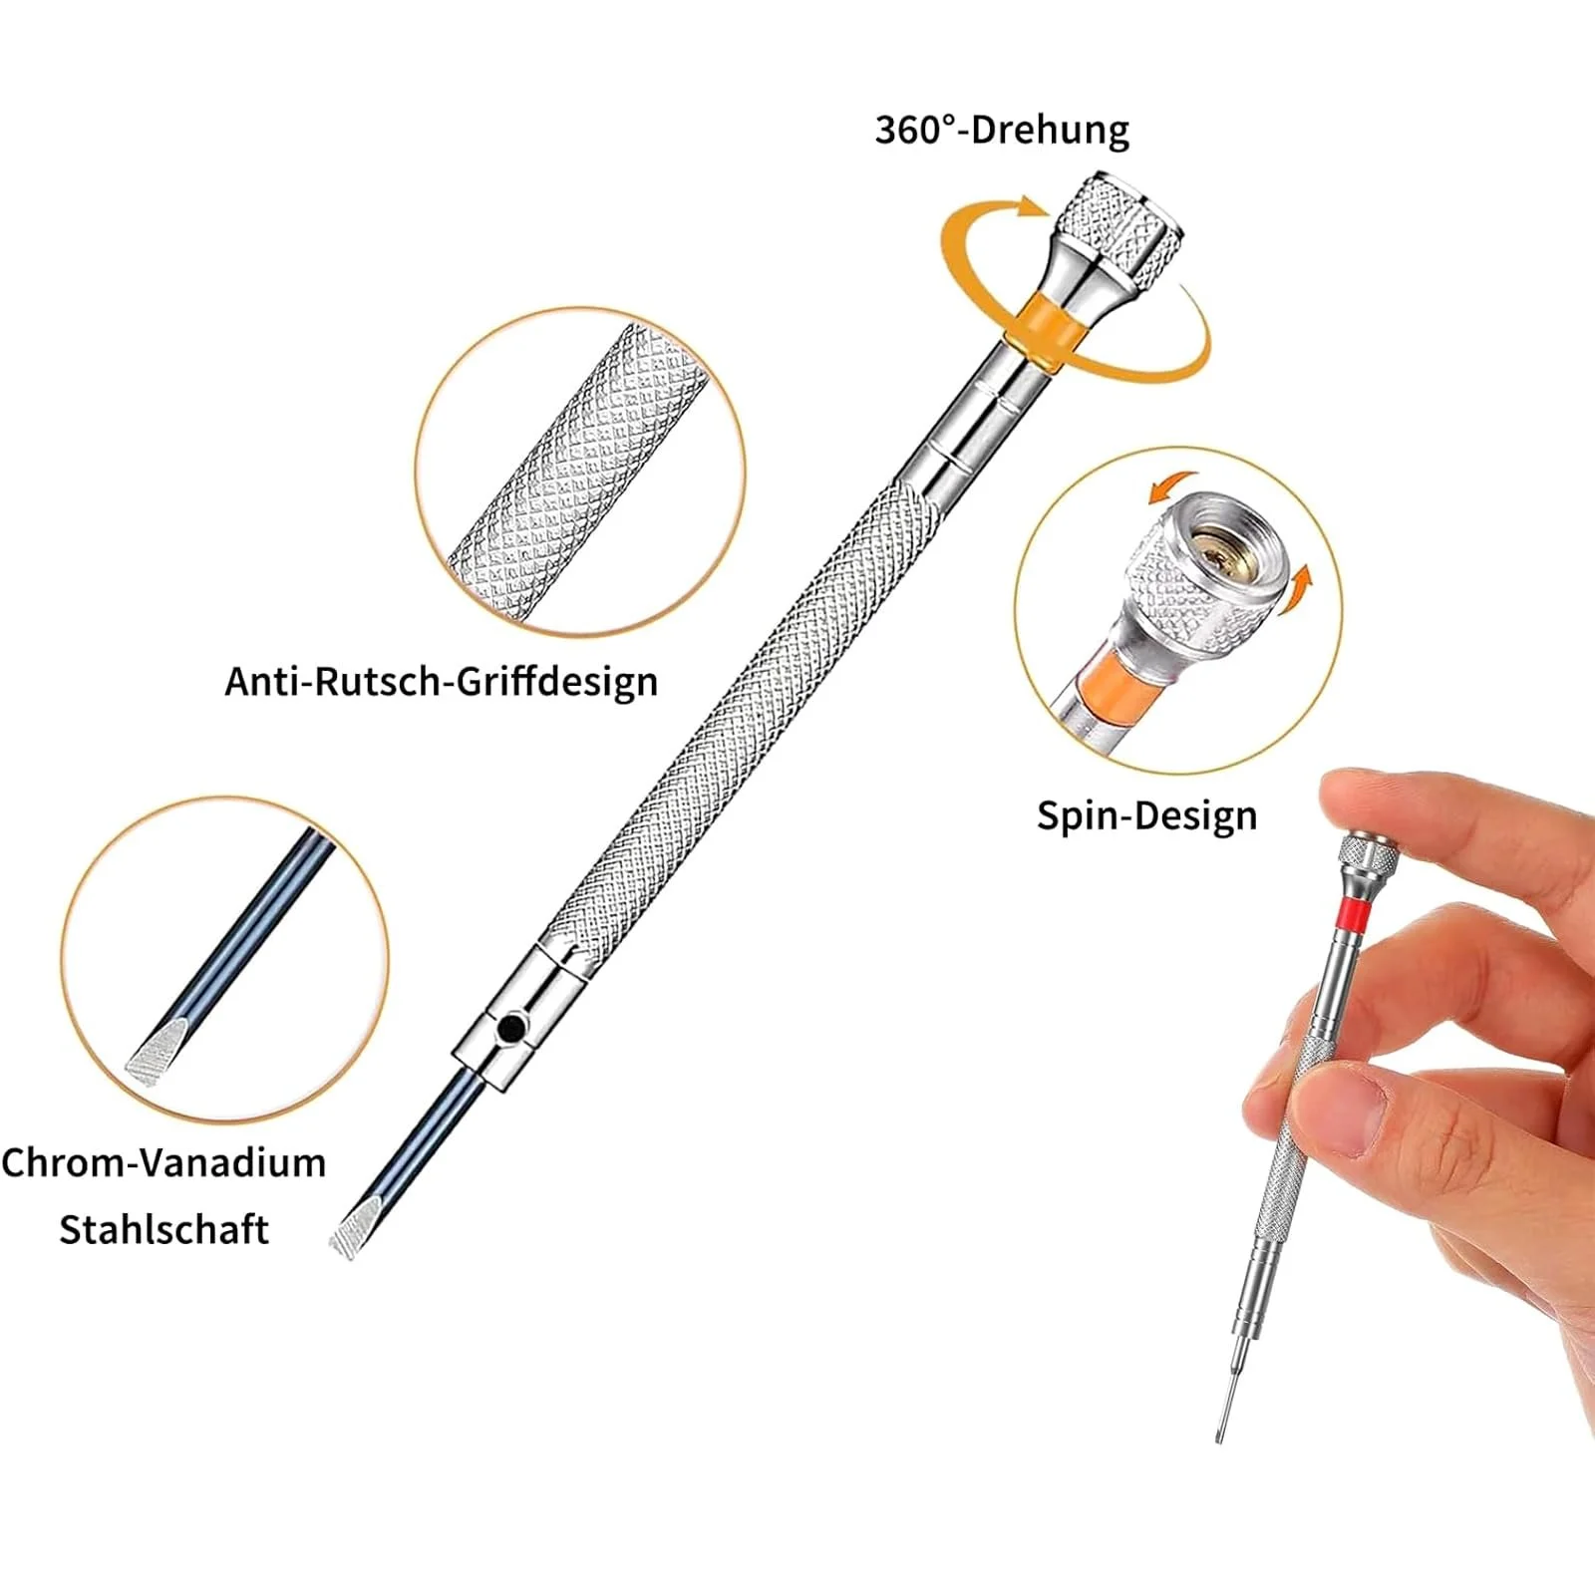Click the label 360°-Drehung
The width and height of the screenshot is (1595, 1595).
[1002, 130]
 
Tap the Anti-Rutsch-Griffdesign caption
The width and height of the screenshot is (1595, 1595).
[442, 682]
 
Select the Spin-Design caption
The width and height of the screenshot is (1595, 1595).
[1146, 815]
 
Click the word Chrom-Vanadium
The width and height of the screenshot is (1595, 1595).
[163, 1162]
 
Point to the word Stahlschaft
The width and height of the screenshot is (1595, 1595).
[163, 1229]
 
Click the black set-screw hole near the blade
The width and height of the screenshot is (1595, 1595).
[511, 1028]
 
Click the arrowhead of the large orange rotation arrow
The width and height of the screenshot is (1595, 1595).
[1033, 207]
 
